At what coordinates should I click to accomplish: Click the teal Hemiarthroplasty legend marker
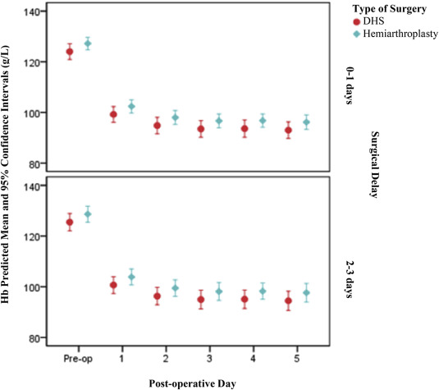click(x=348, y=34)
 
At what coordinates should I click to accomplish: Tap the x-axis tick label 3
click(x=209, y=359)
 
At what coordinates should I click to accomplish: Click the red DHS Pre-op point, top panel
click(x=70, y=52)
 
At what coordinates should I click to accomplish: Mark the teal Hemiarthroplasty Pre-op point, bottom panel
click(x=88, y=214)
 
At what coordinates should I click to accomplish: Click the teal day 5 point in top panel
click(x=306, y=122)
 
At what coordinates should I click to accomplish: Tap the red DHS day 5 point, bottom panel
click(x=288, y=301)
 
